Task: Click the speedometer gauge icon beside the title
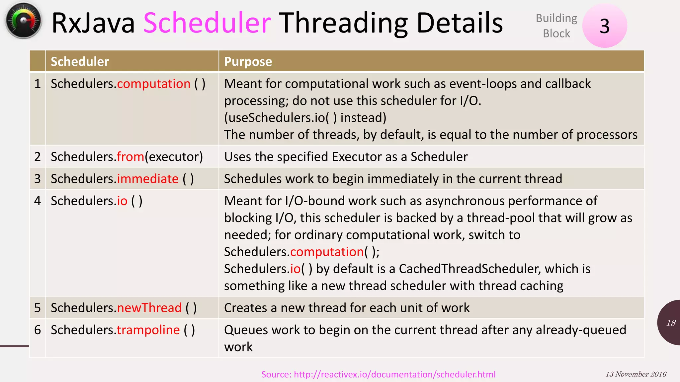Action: (23, 21)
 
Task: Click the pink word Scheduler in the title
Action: (207, 23)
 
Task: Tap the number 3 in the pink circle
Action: (604, 26)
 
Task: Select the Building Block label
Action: (556, 26)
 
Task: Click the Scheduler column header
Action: (80, 62)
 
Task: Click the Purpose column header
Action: (248, 62)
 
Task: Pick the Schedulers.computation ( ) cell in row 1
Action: (128, 84)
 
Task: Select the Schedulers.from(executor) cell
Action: (127, 157)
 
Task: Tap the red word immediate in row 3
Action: (148, 179)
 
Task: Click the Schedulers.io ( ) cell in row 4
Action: (96, 201)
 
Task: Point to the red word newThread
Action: (149, 308)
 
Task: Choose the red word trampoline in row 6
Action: (148, 330)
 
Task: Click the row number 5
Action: (38, 308)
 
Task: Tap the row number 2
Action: (38, 157)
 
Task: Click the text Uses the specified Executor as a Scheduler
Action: (346, 157)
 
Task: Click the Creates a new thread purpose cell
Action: (347, 308)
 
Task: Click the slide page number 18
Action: (671, 323)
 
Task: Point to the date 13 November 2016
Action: (636, 374)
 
